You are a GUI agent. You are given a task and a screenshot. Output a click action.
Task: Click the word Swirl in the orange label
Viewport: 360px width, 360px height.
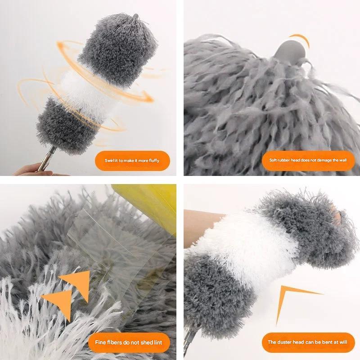coord(109,161)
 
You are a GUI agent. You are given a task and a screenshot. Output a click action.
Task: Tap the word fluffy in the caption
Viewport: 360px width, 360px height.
coord(154,161)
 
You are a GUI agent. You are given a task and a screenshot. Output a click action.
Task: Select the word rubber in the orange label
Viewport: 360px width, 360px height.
coord(283,160)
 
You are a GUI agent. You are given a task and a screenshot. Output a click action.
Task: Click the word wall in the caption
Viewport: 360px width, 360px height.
coord(343,160)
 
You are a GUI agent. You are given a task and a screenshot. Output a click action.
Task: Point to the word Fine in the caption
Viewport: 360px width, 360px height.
coord(100,342)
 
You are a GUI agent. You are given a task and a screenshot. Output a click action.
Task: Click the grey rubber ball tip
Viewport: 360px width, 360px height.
coord(290,50)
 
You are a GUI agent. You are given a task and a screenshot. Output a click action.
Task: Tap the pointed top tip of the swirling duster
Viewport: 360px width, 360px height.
coord(136,16)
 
